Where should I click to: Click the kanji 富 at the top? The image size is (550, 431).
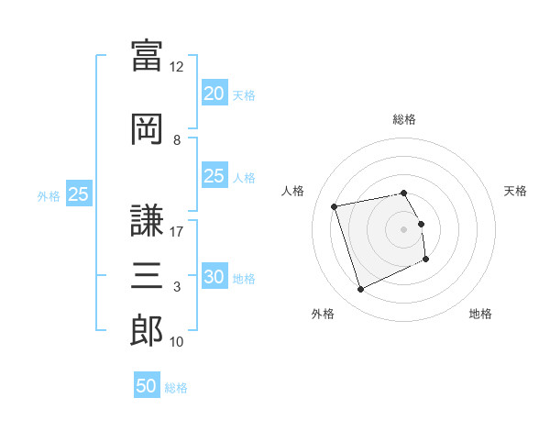click(147, 55)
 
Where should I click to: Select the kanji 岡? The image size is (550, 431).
click(147, 129)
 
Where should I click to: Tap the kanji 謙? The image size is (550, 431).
click(147, 220)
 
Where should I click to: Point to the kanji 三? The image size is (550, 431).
click(147, 275)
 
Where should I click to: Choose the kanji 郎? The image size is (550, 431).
click(147, 330)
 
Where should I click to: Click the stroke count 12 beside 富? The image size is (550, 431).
click(176, 67)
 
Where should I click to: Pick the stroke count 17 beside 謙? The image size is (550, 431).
click(176, 232)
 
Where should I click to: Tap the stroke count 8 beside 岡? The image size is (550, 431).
click(177, 140)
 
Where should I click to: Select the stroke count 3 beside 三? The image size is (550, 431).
click(177, 287)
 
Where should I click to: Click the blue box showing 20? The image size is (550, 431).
click(214, 93)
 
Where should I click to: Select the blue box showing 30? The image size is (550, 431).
click(214, 275)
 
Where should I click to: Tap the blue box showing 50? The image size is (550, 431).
click(147, 384)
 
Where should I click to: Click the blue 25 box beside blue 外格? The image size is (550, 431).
click(79, 193)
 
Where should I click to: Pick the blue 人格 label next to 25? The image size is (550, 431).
click(244, 178)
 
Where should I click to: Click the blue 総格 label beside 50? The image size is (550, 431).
click(176, 388)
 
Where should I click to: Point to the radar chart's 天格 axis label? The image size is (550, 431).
click(515, 191)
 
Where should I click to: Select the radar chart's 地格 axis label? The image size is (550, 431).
click(480, 314)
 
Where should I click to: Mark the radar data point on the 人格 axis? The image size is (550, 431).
click(334, 206)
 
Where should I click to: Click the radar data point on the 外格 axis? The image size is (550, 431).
click(360, 289)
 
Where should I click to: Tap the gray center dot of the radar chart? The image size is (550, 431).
click(403, 229)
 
